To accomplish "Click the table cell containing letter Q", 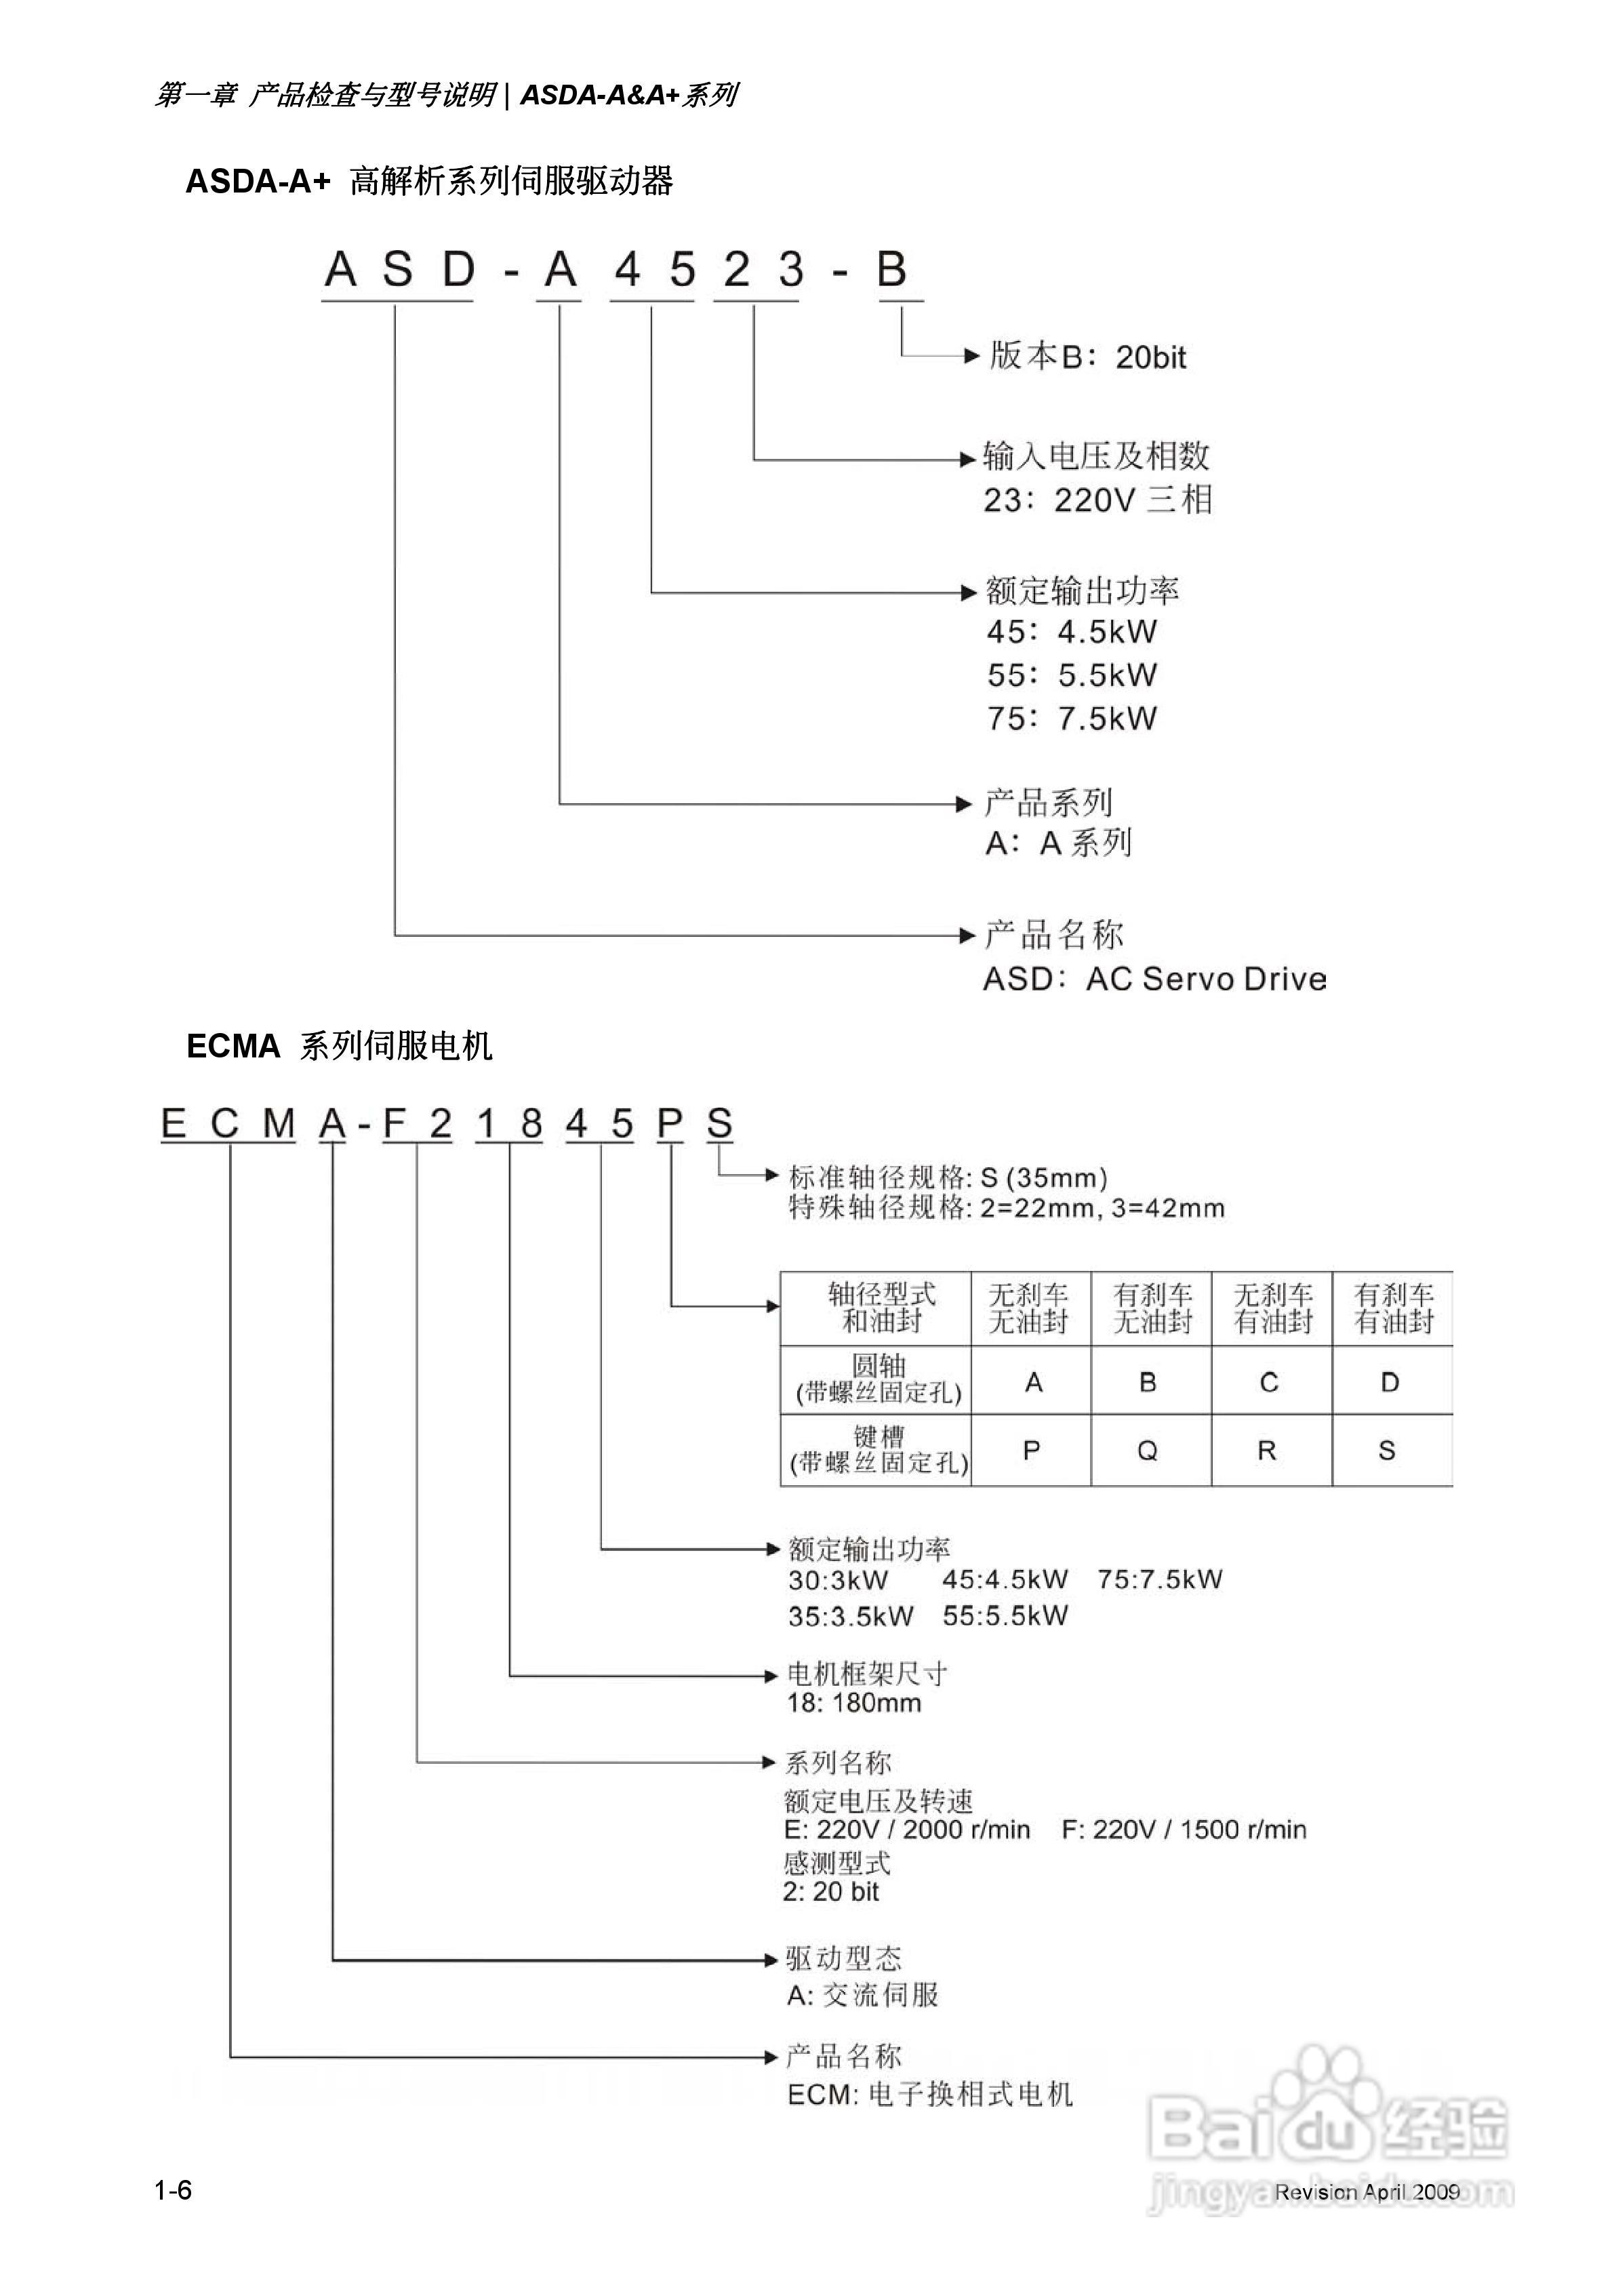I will (1148, 1451).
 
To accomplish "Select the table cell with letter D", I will (1390, 1382).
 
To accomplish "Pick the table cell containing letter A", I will (1033, 1382).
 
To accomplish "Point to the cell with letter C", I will (1269, 1382).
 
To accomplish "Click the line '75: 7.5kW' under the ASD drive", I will (1071, 718).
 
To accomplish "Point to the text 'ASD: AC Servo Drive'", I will (1154, 979).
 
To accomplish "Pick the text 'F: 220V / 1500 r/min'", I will (1184, 1830).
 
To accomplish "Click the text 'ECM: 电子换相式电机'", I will (930, 2094).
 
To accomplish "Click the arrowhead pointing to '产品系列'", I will (963, 803).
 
